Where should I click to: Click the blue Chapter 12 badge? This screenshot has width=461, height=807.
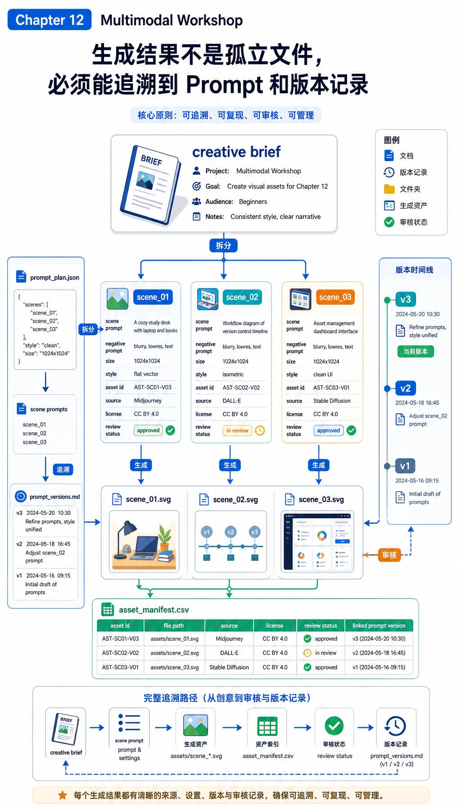click(x=50, y=20)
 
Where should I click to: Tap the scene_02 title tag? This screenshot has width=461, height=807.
click(x=242, y=297)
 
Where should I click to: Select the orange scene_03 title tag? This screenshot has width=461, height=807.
click(x=335, y=297)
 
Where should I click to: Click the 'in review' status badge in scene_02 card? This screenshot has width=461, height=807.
click(x=237, y=431)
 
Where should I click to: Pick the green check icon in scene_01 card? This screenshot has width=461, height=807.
click(x=170, y=431)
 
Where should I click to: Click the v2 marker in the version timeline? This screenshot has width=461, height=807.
click(x=406, y=388)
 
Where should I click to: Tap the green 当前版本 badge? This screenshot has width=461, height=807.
click(x=416, y=351)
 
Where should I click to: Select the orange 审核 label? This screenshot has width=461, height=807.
click(x=389, y=555)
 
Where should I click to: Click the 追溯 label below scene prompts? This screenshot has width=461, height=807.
click(x=63, y=470)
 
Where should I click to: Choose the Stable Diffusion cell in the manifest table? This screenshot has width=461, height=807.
click(x=229, y=667)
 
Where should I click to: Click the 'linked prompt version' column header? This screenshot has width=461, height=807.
click(x=379, y=626)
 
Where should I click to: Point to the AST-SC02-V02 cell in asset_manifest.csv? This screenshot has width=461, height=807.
click(x=120, y=653)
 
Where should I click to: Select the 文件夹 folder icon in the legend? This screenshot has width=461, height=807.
click(x=389, y=189)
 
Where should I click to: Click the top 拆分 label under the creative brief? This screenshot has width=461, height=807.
click(x=223, y=245)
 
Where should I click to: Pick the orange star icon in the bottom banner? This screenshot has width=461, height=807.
click(x=63, y=795)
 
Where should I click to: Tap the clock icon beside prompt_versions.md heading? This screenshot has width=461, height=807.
click(x=21, y=496)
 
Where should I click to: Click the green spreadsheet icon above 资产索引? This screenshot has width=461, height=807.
click(x=267, y=726)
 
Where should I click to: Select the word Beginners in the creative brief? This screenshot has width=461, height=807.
click(x=253, y=202)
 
